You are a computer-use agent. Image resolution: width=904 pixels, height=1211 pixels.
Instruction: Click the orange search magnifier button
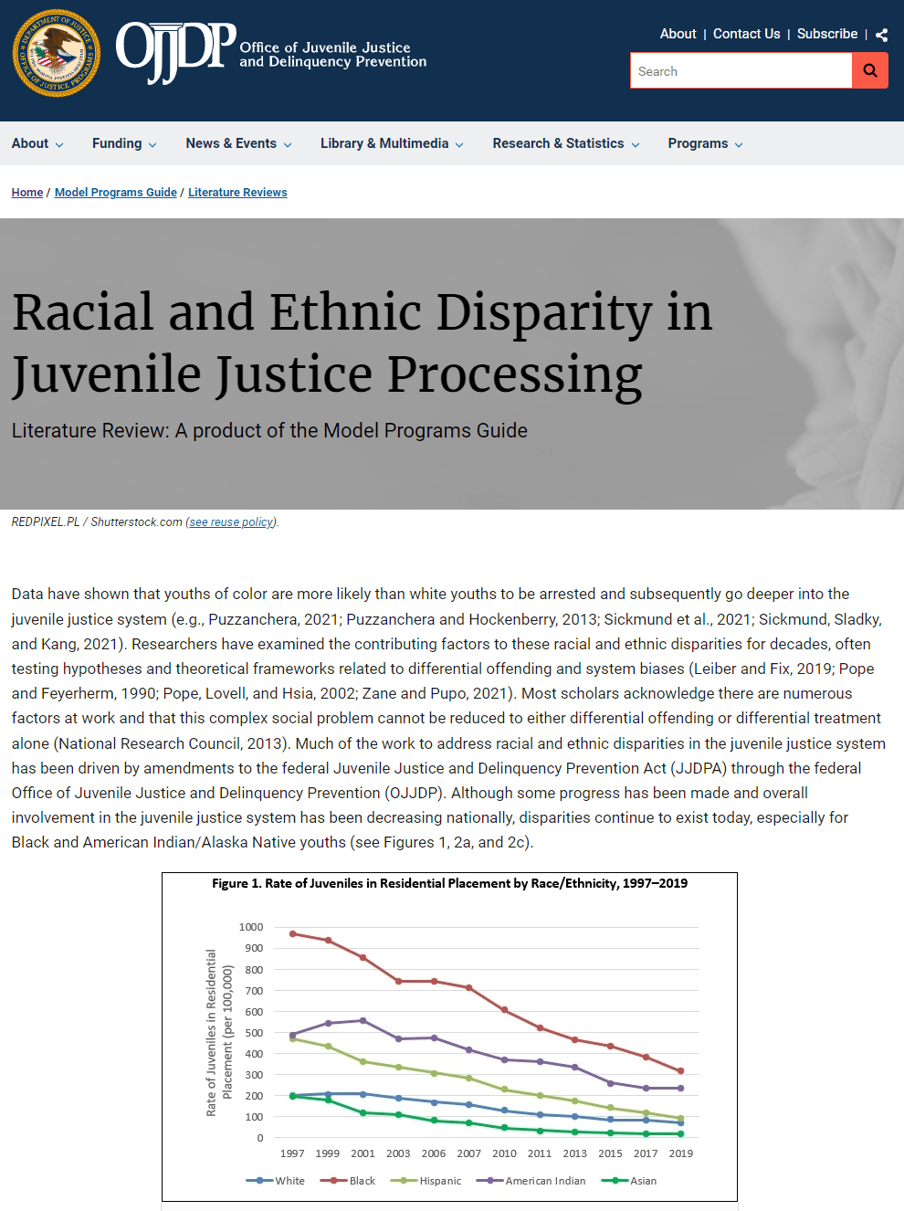pos(869,70)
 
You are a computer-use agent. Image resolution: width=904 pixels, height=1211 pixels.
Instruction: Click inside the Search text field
pos(741,71)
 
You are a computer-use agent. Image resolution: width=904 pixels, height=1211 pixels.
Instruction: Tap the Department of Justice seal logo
pos(57,54)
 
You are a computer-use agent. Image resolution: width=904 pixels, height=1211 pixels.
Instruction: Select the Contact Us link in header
pos(746,34)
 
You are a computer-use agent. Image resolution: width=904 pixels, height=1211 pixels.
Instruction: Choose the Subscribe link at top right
pos(826,34)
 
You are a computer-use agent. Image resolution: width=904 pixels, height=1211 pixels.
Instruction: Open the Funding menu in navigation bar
pos(124,143)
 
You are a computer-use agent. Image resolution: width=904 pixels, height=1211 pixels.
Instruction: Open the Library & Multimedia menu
pos(392,143)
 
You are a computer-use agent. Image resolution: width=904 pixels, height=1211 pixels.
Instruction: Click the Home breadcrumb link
pos(27,193)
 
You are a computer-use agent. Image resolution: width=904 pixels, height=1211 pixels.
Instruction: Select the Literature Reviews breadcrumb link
pos(237,193)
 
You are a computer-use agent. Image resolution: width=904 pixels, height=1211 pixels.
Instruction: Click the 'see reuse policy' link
pos(232,522)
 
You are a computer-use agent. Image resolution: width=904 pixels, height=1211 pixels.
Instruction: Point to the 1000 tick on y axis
pos(251,927)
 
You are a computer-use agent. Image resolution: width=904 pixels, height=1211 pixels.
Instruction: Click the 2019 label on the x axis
pos(681,1153)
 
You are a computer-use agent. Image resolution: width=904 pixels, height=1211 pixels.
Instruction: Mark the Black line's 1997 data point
pos(292,933)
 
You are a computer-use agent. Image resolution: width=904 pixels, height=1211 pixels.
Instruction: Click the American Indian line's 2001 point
pos(363,1020)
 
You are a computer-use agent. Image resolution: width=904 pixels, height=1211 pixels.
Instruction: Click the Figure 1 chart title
pos(449,883)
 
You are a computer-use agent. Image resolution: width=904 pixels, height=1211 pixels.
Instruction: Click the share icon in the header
pos(881,35)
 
